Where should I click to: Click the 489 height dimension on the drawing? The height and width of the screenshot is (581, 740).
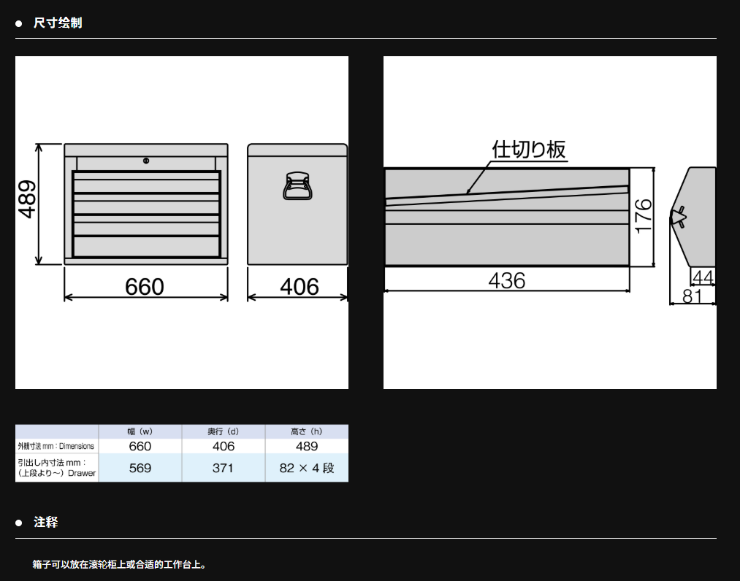pyautogui.click(x=27, y=199)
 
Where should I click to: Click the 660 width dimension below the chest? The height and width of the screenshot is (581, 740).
pyautogui.click(x=145, y=287)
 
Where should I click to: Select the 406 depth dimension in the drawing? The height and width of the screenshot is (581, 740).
pyautogui.click(x=300, y=287)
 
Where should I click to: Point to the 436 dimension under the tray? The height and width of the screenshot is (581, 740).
pyautogui.click(x=507, y=280)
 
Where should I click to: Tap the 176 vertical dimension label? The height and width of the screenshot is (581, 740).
pyautogui.click(x=644, y=216)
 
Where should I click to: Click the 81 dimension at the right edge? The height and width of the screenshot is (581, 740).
pyautogui.click(x=693, y=296)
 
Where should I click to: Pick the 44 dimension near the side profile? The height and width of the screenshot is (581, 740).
pyautogui.click(x=703, y=277)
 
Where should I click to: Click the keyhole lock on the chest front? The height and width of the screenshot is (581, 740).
pyautogui.click(x=146, y=161)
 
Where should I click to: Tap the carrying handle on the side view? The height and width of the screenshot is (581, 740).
pyautogui.click(x=298, y=185)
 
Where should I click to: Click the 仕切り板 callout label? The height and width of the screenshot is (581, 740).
pyautogui.click(x=529, y=150)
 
